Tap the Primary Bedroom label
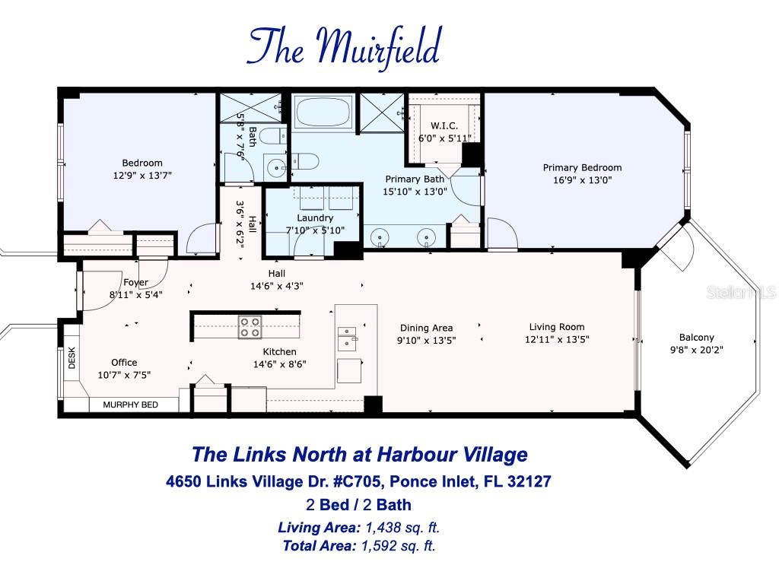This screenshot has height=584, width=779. click(x=582, y=168)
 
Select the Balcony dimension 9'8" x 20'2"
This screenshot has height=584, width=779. click(x=697, y=351)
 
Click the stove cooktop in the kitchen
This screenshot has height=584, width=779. click(x=250, y=327)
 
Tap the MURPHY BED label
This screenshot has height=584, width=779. click(x=130, y=405)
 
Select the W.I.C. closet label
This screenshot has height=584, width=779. click(x=445, y=125)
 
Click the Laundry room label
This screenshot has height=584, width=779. click(x=310, y=218)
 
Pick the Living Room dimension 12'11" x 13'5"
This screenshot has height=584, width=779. click(x=558, y=340)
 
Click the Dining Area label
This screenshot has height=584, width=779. click(x=427, y=328)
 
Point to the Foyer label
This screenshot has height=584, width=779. click(x=136, y=282)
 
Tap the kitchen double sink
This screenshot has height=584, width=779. click(x=346, y=338)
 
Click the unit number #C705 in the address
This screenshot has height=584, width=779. click(x=375, y=481)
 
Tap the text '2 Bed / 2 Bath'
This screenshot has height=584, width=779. click(x=358, y=504)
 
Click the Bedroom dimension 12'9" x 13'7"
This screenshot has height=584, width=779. click(x=142, y=175)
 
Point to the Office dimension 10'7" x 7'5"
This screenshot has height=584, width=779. click(x=124, y=375)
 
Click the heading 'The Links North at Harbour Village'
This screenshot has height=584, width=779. click(x=359, y=455)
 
